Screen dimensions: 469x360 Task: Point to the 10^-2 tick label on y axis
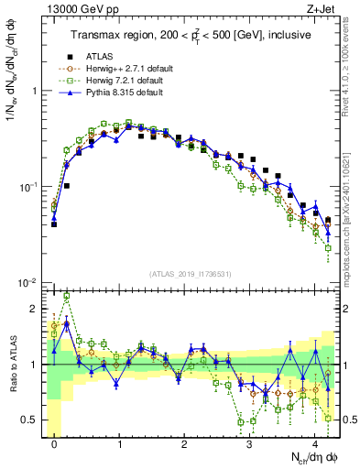point(27,283)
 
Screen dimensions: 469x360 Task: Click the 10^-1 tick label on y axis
point(27,187)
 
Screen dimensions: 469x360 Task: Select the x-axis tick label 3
point(250,442)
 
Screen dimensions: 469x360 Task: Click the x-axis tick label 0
point(55,442)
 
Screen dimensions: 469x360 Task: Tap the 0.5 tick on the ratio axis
point(30,420)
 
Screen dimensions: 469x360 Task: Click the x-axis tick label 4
point(315,442)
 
